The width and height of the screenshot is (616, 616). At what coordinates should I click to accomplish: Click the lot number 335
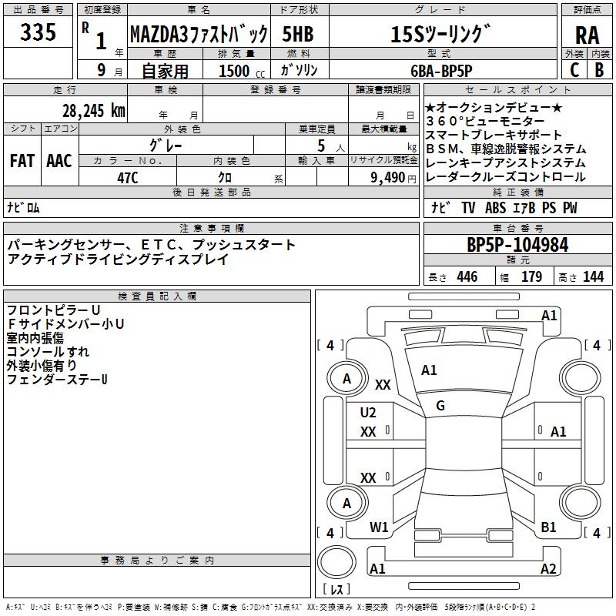click(38, 33)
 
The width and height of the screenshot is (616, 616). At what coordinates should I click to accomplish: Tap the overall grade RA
click(587, 35)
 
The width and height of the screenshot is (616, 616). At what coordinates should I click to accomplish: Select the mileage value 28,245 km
click(92, 110)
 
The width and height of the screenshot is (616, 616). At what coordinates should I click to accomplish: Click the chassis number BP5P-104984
click(517, 246)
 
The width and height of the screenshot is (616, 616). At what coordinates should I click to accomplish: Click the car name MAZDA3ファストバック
click(199, 35)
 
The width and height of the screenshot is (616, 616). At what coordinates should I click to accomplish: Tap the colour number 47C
click(127, 176)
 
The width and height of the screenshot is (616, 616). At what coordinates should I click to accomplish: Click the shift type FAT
click(22, 161)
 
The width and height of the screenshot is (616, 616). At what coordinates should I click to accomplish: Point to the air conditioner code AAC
click(59, 161)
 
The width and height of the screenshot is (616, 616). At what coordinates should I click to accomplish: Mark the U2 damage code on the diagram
click(368, 413)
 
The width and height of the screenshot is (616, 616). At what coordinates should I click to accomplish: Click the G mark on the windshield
click(440, 406)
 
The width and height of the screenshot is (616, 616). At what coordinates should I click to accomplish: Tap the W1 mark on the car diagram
click(379, 527)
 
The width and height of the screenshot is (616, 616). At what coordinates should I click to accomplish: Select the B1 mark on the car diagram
click(549, 527)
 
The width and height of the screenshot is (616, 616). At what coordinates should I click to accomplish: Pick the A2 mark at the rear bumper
click(548, 569)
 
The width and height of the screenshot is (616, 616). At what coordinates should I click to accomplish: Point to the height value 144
click(593, 277)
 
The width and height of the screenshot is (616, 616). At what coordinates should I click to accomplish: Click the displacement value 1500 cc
click(240, 71)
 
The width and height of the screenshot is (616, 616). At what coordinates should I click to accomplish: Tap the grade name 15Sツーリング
click(440, 35)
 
